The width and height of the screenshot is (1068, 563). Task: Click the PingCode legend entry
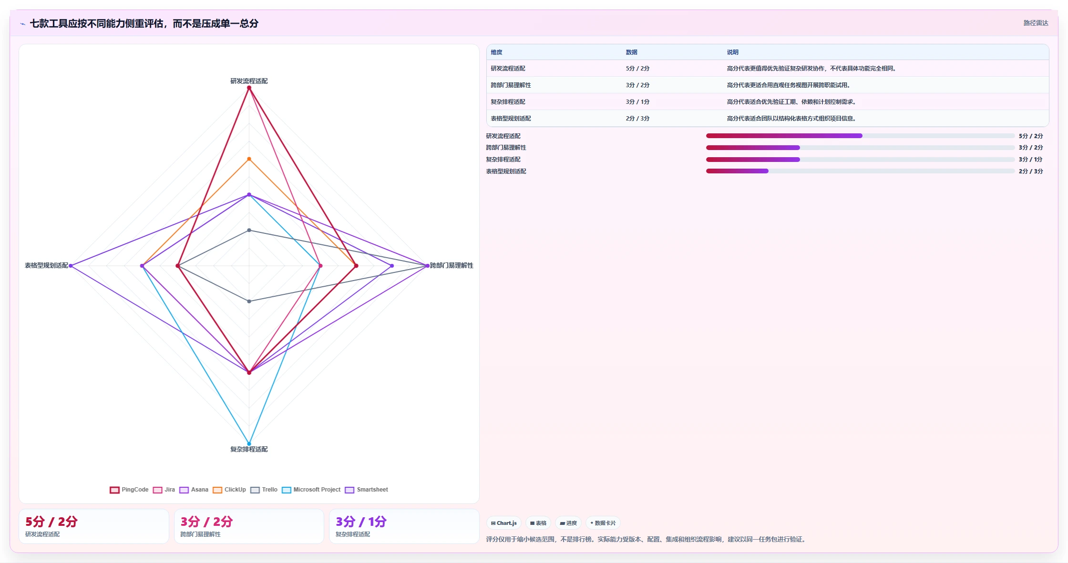(x=129, y=490)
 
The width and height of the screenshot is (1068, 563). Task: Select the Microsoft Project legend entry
(x=311, y=490)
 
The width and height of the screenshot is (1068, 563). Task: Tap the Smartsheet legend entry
(x=367, y=490)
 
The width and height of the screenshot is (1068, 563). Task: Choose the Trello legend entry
(x=264, y=490)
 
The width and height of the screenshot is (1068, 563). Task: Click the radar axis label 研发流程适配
(x=249, y=81)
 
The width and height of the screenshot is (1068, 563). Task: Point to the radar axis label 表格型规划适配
(x=47, y=265)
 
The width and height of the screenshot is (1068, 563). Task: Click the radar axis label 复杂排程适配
(x=249, y=449)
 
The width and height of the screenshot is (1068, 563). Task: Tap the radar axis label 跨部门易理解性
(x=452, y=265)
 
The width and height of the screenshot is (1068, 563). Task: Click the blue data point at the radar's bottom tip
(x=249, y=444)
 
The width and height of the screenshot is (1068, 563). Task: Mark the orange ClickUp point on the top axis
(x=249, y=159)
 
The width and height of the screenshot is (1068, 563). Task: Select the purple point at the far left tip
(x=71, y=266)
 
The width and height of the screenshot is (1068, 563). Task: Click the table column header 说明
(x=732, y=52)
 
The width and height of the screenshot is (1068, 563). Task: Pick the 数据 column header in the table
(x=631, y=52)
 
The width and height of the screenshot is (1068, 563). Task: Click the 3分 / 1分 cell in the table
(x=637, y=102)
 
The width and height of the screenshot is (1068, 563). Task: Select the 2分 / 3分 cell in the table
(x=637, y=119)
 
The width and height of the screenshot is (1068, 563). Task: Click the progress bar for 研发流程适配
(x=860, y=136)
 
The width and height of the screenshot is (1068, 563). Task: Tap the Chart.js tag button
(x=504, y=523)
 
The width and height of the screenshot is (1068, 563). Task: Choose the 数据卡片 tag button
(x=603, y=523)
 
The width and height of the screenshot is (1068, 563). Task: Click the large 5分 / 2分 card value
(x=51, y=522)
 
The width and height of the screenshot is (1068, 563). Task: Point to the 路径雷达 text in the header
(x=1036, y=23)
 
